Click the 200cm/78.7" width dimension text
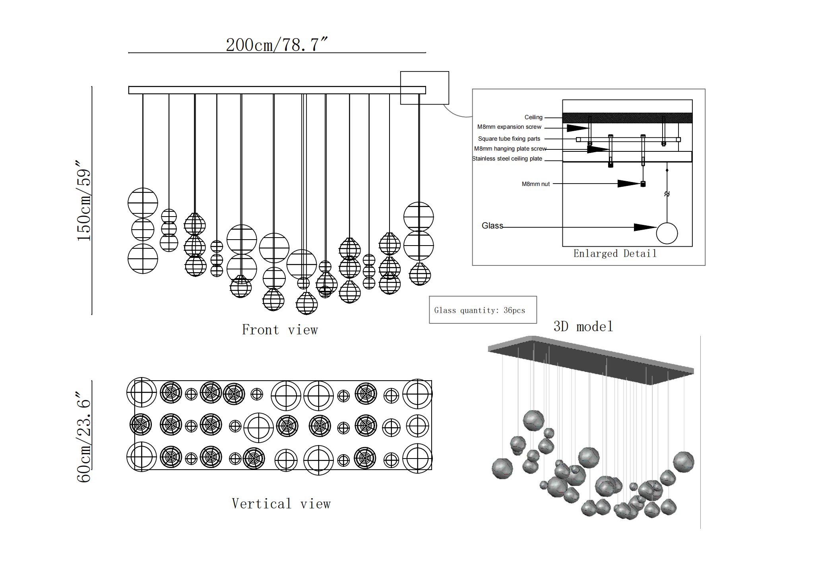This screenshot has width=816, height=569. [277, 45]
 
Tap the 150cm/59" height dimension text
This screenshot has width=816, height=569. [84, 201]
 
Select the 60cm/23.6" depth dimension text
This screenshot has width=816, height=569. [84, 437]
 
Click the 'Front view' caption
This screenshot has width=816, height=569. [280, 330]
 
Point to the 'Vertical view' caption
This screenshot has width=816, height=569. [281, 504]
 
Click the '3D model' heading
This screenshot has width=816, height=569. [583, 327]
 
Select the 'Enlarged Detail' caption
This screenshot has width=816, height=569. [614, 254]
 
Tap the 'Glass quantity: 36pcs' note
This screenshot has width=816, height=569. [479, 310]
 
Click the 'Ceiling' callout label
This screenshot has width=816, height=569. [533, 117]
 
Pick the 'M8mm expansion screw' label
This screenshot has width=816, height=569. [509, 127]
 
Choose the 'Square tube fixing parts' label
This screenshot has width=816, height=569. [509, 139]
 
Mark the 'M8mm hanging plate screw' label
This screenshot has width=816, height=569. [510, 149]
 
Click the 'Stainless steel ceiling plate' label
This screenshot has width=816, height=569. [507, 159]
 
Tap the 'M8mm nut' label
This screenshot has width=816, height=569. [535, 184]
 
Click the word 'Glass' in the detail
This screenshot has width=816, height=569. [492, 226]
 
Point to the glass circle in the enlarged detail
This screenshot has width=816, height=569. [667, 233]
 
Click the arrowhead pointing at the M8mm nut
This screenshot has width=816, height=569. [629, 184]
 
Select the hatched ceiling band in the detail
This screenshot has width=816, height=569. [627, 118]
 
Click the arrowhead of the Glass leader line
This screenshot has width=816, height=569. [644, 227]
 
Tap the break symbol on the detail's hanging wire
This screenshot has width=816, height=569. [667, 194]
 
